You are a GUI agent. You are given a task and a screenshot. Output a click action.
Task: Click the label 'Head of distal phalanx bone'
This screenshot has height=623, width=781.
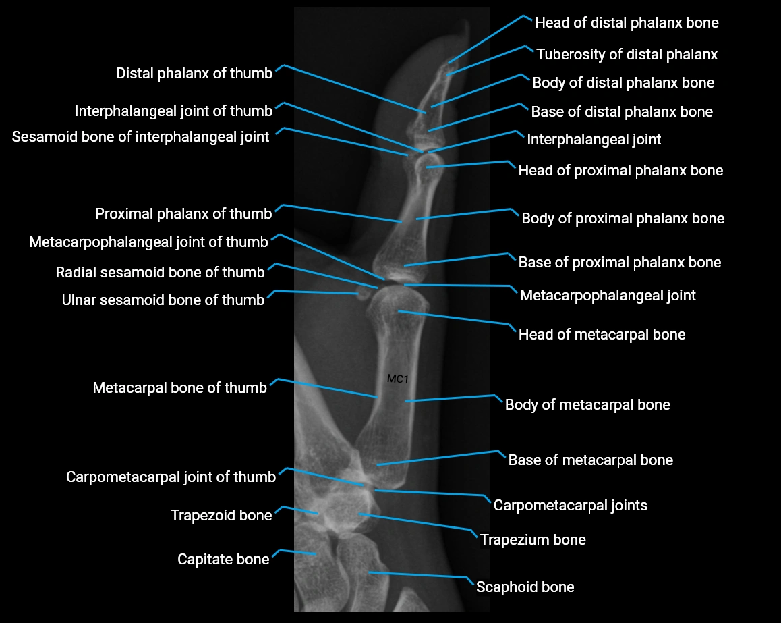(627, 23)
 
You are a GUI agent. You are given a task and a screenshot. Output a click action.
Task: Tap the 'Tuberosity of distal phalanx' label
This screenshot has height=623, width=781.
(627, 54)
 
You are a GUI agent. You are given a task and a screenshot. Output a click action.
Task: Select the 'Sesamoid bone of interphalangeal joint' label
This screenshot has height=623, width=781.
(140, 137)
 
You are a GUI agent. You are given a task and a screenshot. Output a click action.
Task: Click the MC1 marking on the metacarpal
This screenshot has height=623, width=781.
(398, 379)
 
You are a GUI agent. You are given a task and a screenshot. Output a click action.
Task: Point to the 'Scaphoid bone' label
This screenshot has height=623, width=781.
(525, 587)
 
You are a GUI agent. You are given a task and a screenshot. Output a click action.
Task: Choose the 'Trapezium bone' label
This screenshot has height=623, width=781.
(532, 540)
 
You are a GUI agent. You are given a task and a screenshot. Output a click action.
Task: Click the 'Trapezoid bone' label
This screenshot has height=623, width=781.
(221, 516)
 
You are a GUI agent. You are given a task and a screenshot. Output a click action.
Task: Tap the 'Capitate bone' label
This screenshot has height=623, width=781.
(223, 560)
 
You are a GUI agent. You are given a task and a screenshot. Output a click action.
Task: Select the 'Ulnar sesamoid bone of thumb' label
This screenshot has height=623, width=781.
(163, 300)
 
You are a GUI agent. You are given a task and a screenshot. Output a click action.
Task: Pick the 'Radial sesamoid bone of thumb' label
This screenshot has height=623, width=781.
(160, 273)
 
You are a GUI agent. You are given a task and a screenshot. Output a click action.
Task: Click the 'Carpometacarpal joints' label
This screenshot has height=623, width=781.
(570, 505)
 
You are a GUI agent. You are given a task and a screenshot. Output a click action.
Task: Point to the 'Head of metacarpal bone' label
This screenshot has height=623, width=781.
(602, 335)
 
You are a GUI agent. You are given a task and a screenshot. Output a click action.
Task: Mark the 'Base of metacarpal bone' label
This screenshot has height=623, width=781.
(590, 460)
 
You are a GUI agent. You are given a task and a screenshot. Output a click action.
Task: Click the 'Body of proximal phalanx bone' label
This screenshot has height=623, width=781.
(623, 219)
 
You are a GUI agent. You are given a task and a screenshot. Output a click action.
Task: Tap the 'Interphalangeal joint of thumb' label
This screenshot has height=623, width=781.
(173, 111)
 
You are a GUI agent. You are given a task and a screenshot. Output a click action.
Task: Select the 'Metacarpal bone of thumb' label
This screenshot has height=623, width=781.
(179, 388)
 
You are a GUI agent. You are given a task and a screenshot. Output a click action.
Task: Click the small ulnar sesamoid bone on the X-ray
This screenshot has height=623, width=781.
(361, 294)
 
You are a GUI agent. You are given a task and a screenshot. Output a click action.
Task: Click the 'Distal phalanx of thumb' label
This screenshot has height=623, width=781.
(194, 74)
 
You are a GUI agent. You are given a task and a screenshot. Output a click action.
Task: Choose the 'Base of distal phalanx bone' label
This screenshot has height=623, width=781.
(621, 111)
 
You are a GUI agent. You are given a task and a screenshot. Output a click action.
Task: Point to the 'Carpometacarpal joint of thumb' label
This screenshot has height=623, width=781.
(171, 477)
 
